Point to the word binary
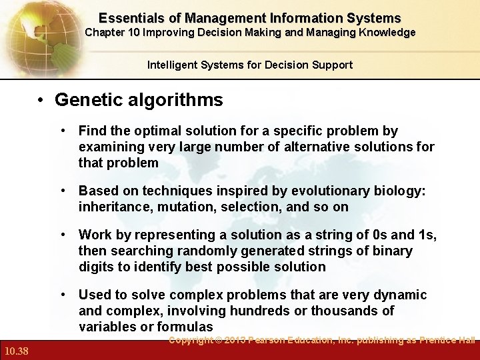point(393,251)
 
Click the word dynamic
point(402,295)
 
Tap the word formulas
point(185,327)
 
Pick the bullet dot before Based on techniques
point(63,191)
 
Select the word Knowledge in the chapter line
point(383,33)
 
